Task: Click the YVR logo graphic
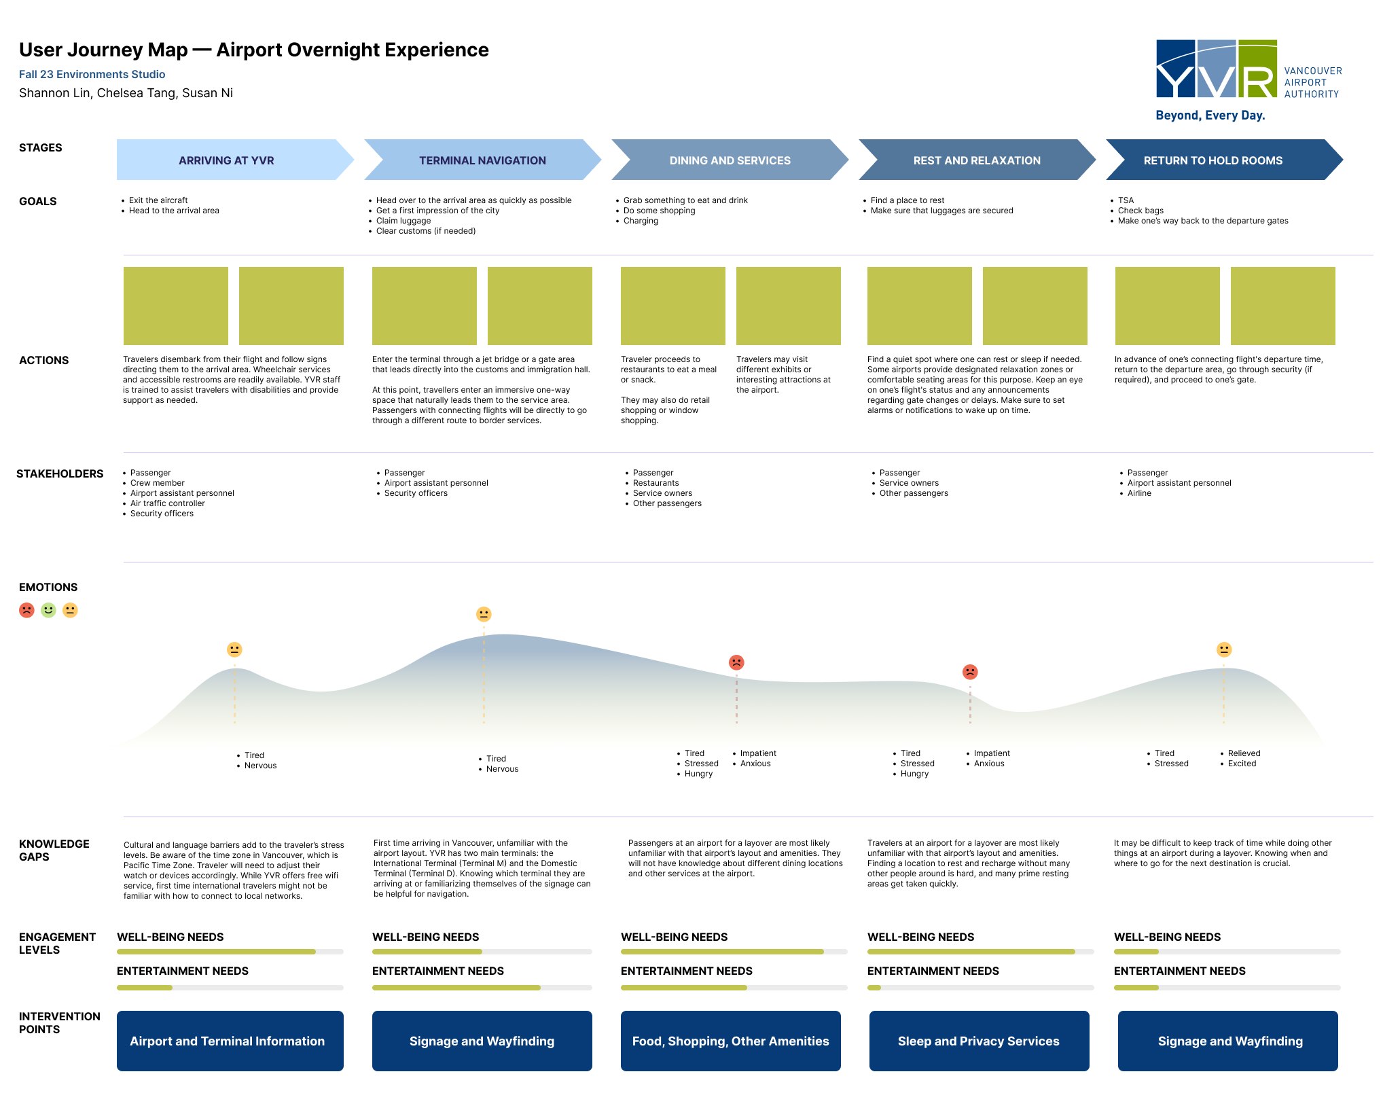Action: tap(1216, 69)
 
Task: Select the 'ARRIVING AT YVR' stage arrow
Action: tap(227, 160)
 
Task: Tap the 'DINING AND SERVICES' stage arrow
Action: tap(730, 160)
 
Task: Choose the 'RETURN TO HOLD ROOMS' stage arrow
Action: tap(1213, 160)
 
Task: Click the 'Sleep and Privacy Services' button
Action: tap(979, 1041)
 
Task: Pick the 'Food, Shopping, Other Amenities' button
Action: tap(730, 1041)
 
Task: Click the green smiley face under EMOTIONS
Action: tap(48, 610)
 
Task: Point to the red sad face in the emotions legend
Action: tap(26, 610)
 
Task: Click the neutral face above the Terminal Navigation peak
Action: tap(484, 614)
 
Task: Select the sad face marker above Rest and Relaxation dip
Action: tap(970, 672)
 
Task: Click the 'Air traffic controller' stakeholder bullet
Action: tap(167, 503)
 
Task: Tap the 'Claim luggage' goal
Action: tap(403, 221)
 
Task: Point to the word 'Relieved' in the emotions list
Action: tap(1244, 753)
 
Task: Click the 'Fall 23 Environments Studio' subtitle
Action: tap(92, 74)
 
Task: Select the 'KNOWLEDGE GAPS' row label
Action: tap(54, 850)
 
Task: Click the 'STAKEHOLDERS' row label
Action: tap(60, 473)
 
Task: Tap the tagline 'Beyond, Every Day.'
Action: tap(1210, 115)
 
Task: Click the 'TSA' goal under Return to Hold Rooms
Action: tap(1126, 200)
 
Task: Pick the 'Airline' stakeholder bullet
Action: tap(1139, 493)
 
